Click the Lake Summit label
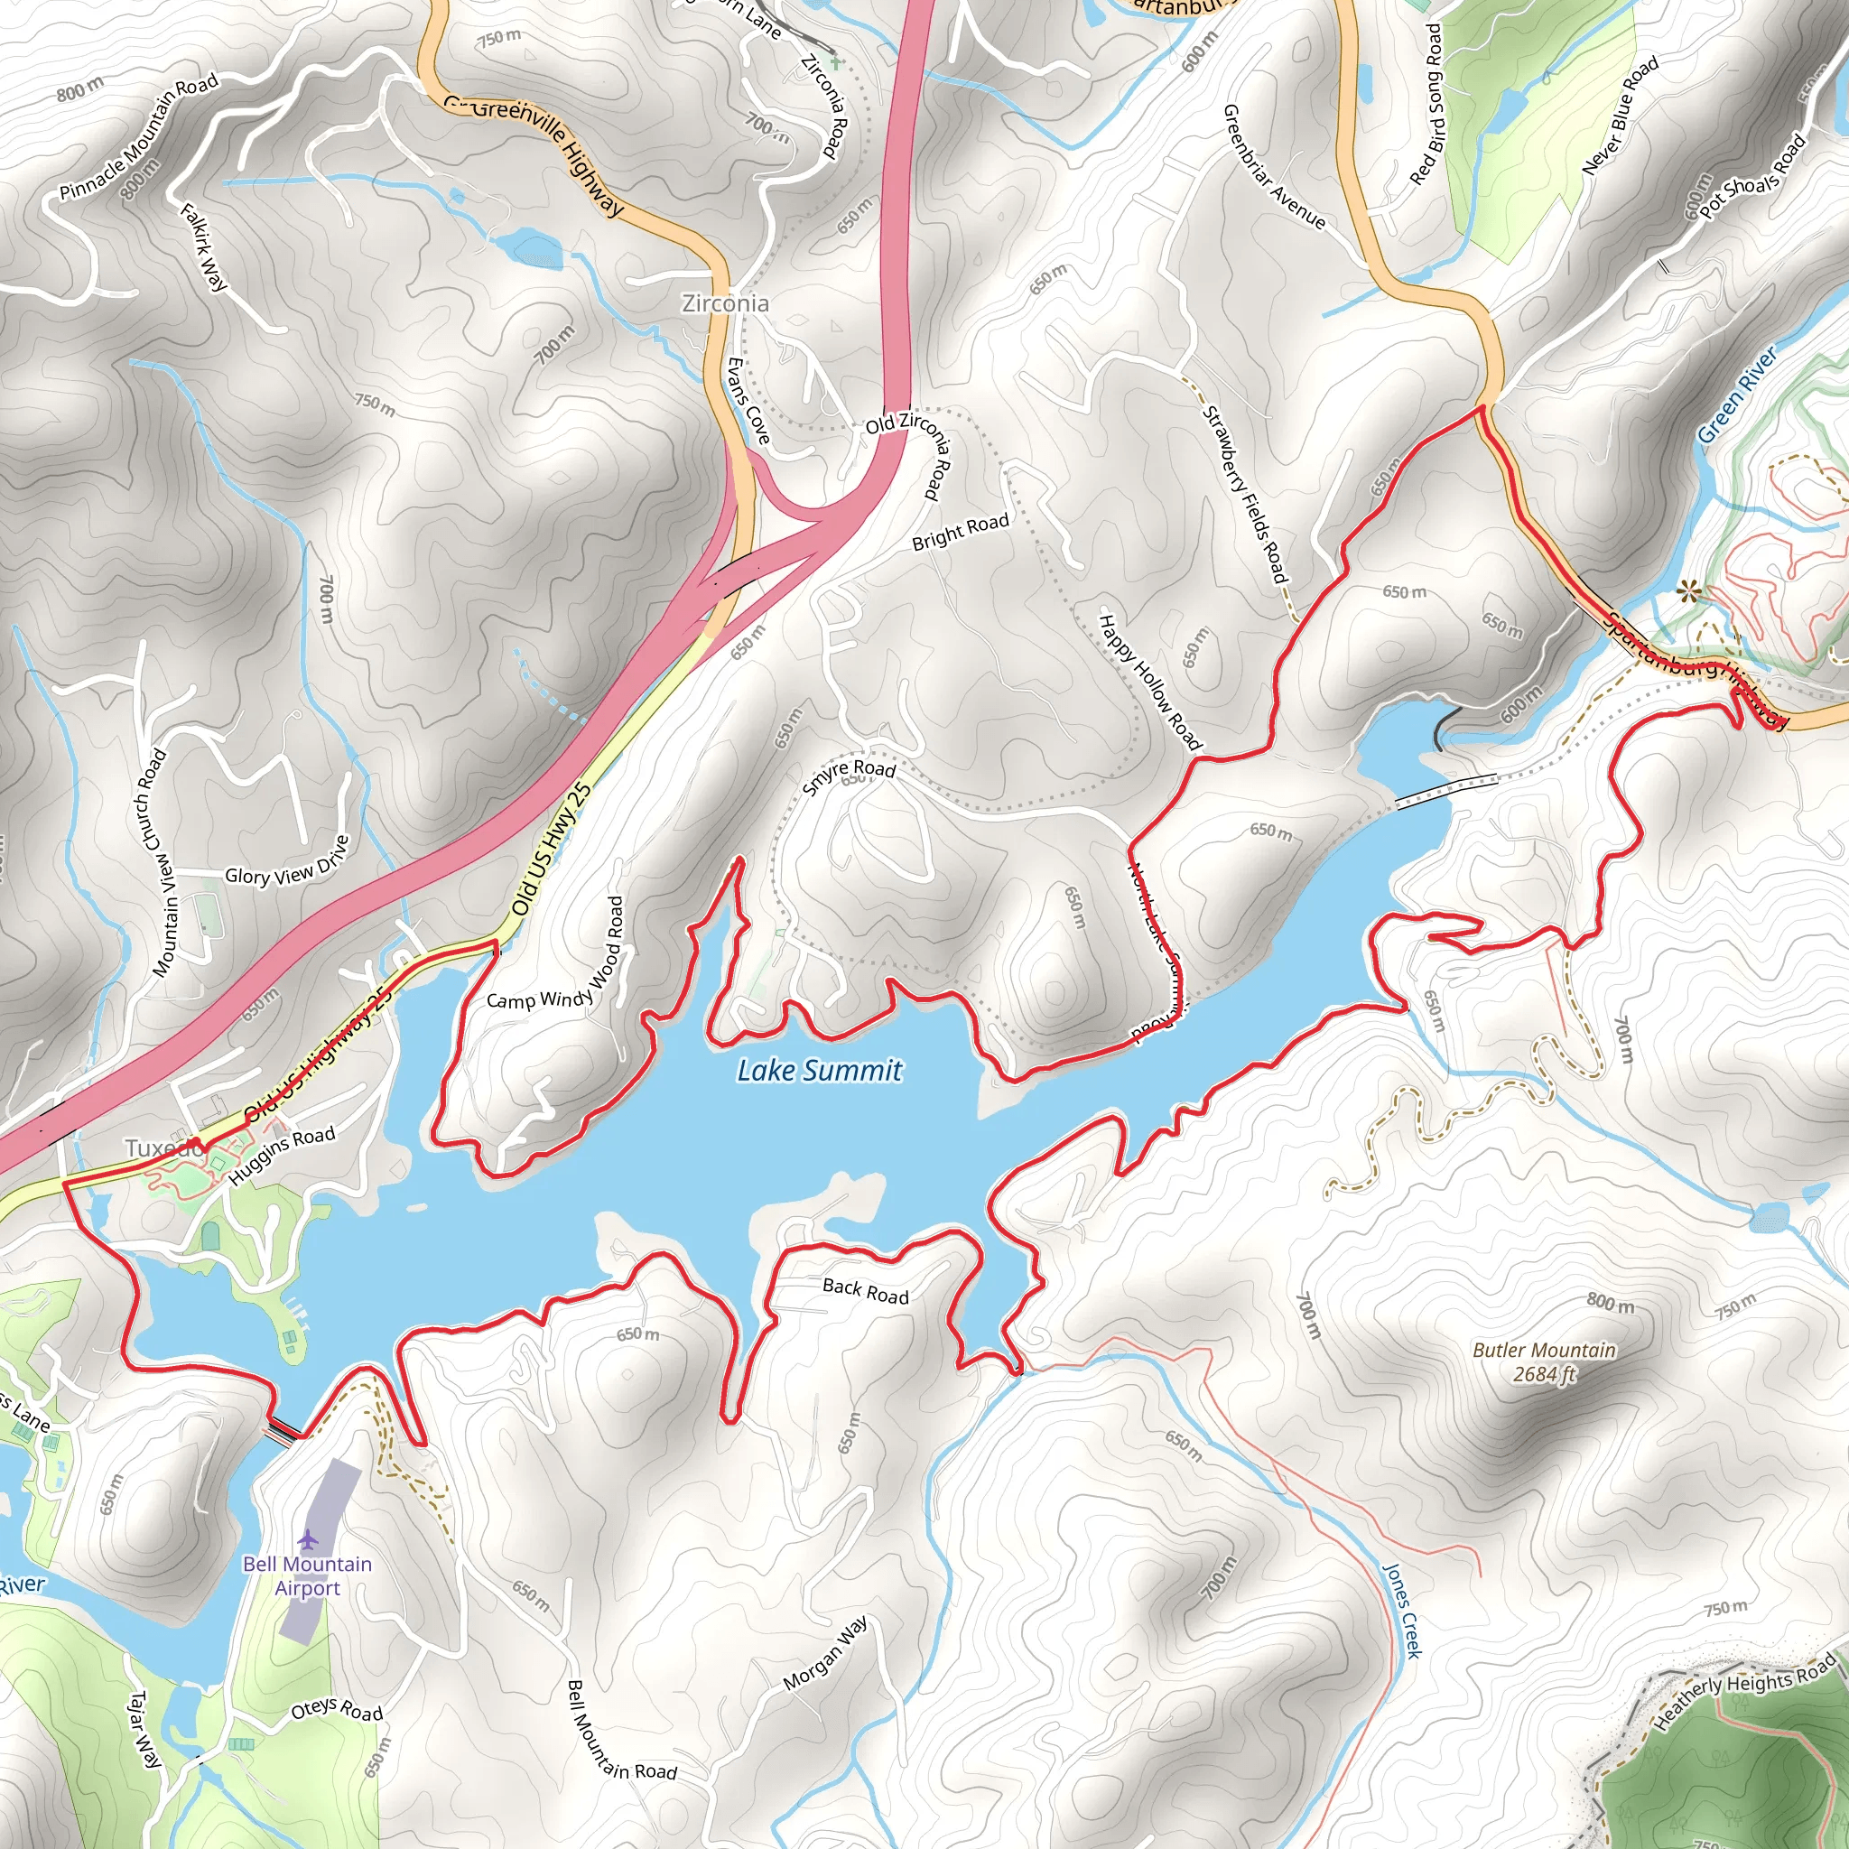click(819, 1070)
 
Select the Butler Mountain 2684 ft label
click(1544, 1361)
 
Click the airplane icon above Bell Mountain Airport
click(307, 1540)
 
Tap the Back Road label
click(865, 1291)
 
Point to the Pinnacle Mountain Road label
click(139, 138)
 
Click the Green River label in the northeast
click(1737, 394)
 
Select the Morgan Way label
click(826, 1653)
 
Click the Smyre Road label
click(849, 776)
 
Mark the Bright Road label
click(960, 533)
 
